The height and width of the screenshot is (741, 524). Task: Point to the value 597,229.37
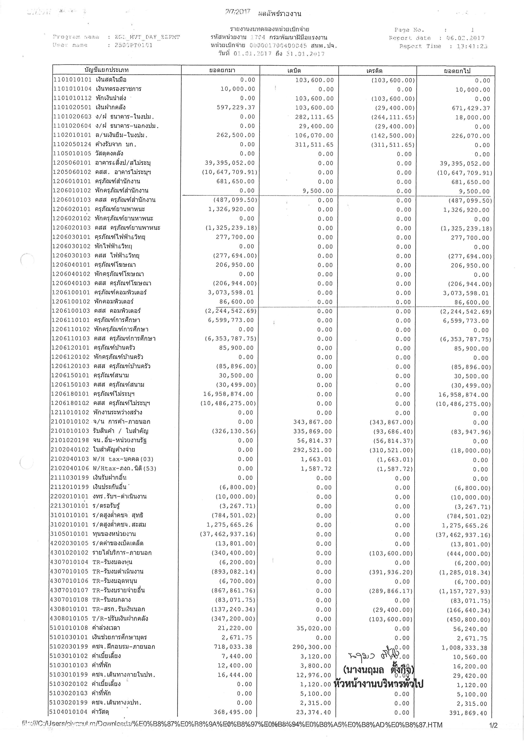pyautogui.click(x=236, y=108)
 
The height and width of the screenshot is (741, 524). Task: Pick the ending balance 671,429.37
pyautogui.click(x=471, y=108)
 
